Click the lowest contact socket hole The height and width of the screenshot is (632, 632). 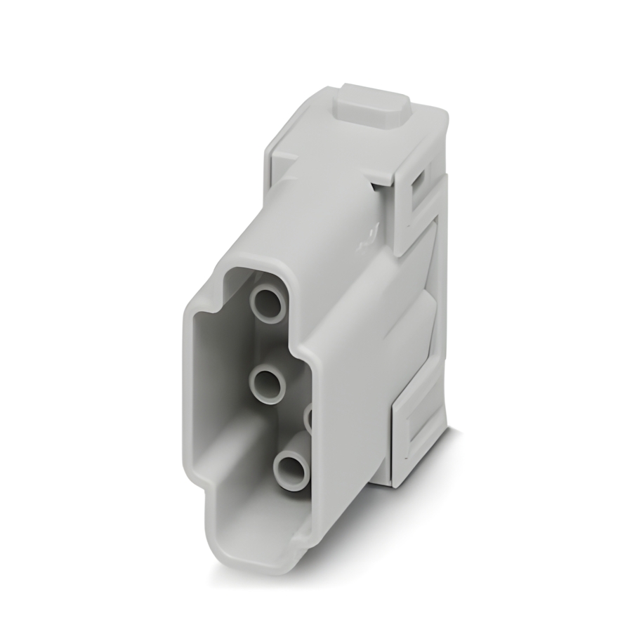pos(290,468)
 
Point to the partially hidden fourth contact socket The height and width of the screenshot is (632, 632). pos(308,419)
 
